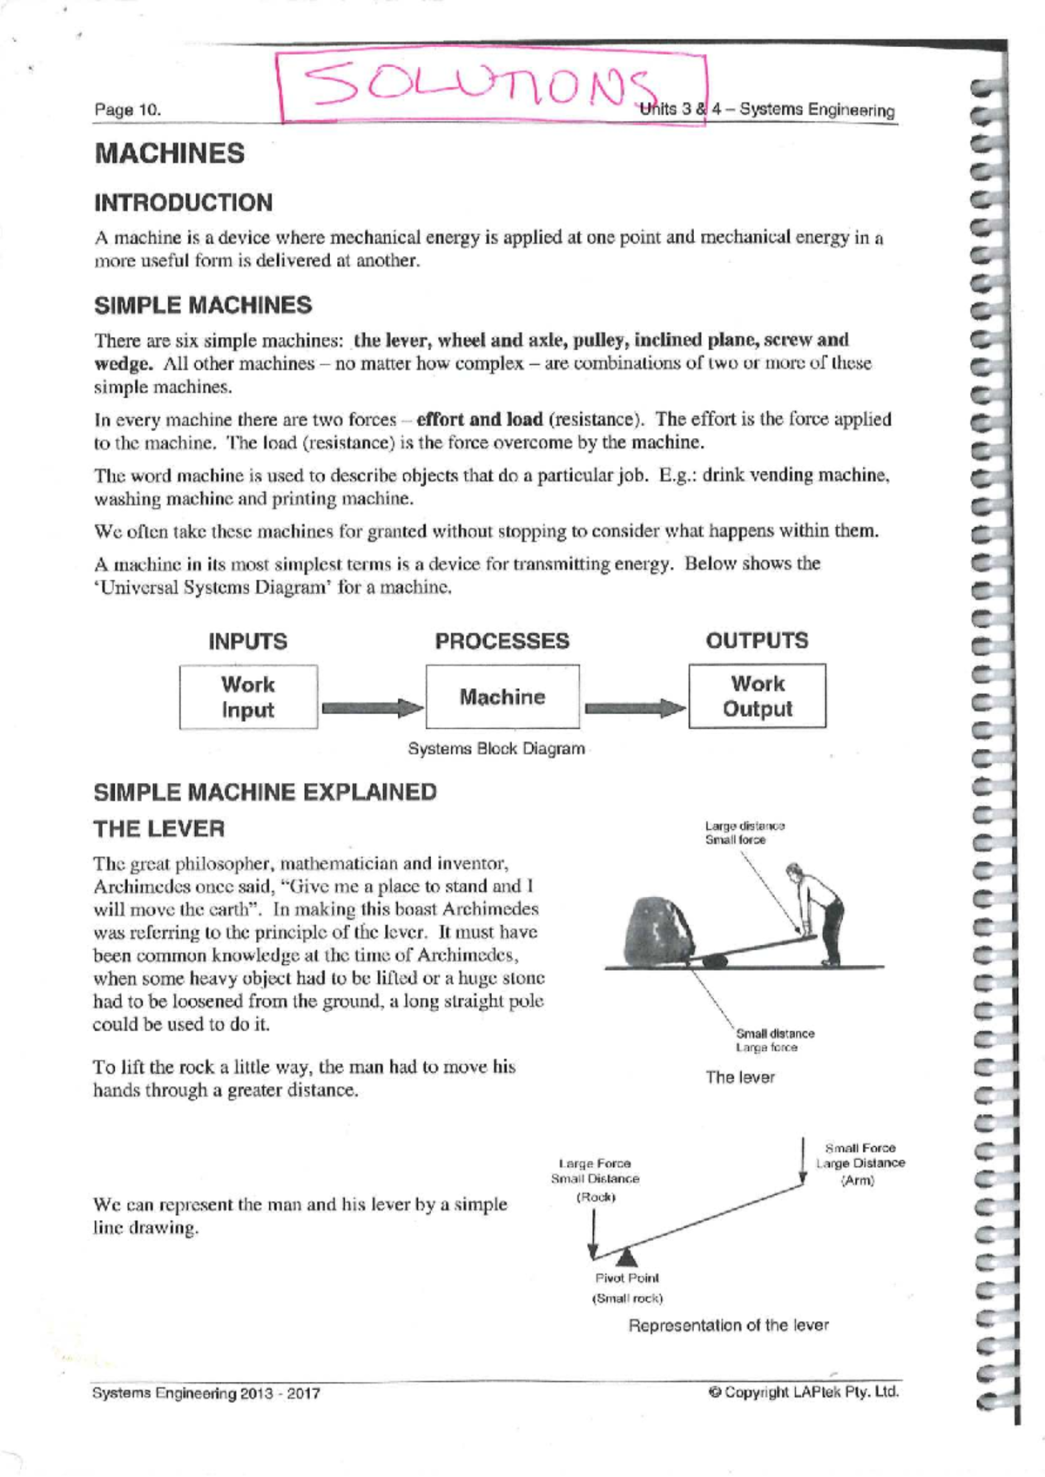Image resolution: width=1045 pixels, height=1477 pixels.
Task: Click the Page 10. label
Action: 128,110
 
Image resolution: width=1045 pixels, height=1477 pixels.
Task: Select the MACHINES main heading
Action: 170,153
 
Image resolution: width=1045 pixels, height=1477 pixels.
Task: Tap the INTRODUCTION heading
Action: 183,203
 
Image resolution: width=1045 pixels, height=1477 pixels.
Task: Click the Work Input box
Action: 248,697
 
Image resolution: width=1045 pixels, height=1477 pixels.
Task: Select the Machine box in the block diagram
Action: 502,697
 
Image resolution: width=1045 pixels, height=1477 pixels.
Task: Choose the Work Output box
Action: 757,697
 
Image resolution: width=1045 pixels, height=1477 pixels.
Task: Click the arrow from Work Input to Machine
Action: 372,707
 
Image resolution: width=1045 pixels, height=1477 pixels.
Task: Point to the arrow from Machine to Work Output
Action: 635,707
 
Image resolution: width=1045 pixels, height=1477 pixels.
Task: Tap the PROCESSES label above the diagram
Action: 502,641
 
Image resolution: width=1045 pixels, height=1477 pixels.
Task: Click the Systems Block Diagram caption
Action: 496,749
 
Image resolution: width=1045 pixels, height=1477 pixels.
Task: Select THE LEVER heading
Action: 158,828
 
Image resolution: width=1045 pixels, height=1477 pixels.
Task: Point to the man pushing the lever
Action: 819,910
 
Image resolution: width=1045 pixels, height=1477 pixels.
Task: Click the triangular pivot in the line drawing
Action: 626,1256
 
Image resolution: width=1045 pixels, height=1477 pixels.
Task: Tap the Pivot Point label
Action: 627,1278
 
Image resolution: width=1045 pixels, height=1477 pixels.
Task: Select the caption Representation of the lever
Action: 728,1325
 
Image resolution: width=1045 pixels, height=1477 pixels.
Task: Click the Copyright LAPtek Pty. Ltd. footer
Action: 803,1392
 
